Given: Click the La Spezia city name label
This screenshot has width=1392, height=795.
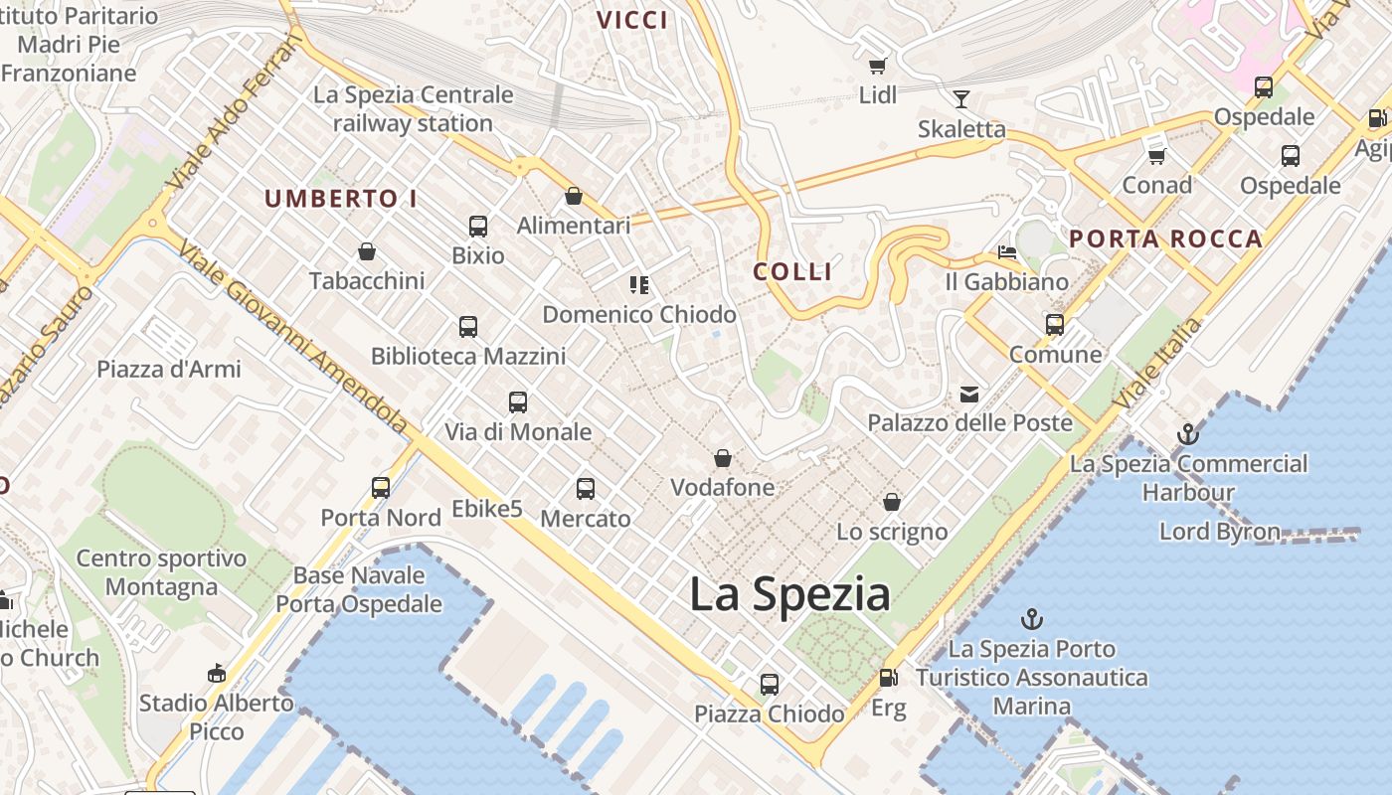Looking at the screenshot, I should click(x=789, y=594).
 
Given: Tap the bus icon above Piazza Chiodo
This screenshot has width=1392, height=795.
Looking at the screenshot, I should click(x=770, y=685).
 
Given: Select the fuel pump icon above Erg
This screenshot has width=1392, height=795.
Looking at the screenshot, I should click(x=888, y=679).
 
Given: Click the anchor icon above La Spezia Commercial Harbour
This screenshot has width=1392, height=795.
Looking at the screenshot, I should click(x=1187, y=434).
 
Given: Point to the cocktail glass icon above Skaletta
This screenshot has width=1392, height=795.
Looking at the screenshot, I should click(x=960, y=98).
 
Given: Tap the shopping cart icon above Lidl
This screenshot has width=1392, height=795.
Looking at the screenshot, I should click(x=877, y=66).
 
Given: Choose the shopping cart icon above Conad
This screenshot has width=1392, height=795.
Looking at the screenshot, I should click(x=1156, y=156).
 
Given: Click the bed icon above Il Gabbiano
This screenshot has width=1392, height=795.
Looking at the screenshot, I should click(x=1006, y=252).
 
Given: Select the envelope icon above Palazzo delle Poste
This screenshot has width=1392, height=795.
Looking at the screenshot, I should click(x=968, y=395).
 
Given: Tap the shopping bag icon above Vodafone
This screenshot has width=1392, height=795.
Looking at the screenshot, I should click(x=723, y=458).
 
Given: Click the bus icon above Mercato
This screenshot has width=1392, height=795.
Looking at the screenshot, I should click(x=586, y=489).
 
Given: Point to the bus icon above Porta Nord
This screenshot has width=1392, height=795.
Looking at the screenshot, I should click(x=381, y=488).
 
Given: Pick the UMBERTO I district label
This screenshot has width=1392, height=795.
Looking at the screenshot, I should click(x=341, y=198).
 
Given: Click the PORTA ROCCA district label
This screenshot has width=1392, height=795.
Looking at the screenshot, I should click(x=1165, y=238).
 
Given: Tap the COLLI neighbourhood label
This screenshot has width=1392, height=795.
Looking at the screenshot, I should click(x=792, y=271).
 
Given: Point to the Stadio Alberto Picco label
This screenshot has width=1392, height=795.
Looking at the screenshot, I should click(x=217, y=716).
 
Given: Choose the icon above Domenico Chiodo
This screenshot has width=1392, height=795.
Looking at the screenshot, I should click(x=639, y=286).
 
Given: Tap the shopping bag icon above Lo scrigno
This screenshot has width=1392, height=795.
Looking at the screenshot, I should click(x=892, y=502).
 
